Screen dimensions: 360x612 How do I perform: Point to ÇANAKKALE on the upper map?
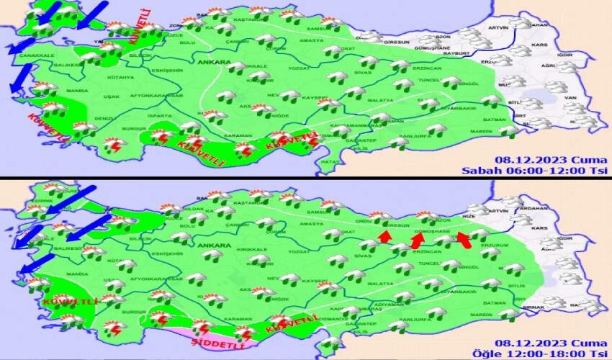37,55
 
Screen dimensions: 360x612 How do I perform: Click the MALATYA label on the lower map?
382,284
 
